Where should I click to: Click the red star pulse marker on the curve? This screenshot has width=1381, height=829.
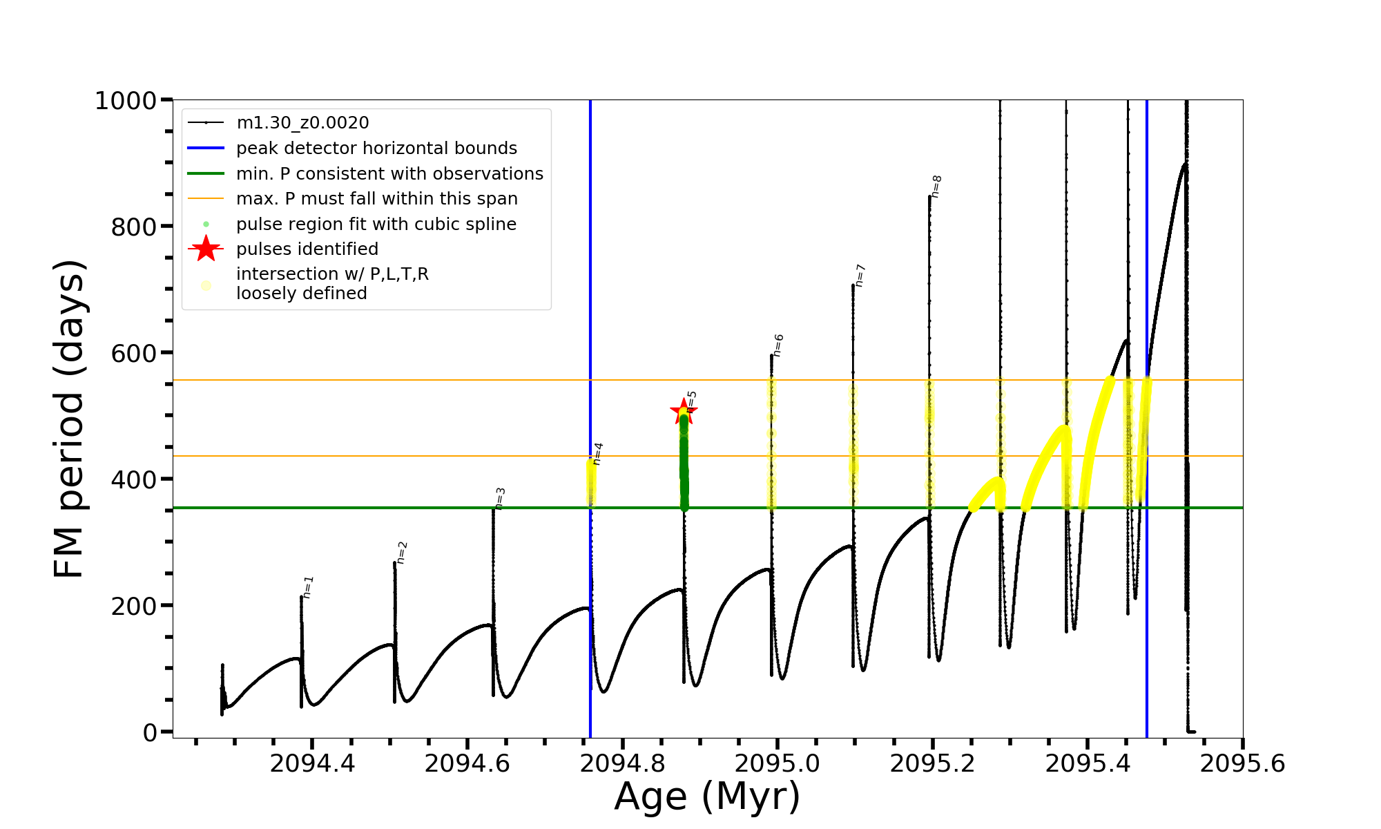click(x=684, y=412)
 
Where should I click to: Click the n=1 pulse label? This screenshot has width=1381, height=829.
click(x=308, y=587)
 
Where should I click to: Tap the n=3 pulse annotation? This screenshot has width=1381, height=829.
click(x=500, y=498)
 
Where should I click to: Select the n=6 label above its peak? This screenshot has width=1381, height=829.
click(x=778, y=345)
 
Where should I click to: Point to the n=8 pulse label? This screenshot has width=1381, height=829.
click(x=936, y=186)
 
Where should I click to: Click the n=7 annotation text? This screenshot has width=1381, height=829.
click(x=860, y=275)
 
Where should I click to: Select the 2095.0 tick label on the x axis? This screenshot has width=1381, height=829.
click(x=778, y=764)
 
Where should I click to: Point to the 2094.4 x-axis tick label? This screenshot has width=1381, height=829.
click(x=312, y=764)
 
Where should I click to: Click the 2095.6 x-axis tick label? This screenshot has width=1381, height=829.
click(x=1242, y=764)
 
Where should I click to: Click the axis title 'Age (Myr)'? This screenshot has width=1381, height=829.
click(x=707, y=797)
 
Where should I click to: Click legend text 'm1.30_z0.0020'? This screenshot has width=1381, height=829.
click(x=302, y=123)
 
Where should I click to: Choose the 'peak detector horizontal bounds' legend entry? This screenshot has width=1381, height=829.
click(x=376, y=149)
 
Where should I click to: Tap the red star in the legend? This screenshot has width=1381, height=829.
click(x=206, y=249)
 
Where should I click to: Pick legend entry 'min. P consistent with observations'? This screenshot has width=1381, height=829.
click(x=389, y=173)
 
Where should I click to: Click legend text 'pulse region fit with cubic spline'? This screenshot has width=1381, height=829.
click(x=376, y=224)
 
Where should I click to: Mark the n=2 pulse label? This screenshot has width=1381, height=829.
click(x=402, y=553)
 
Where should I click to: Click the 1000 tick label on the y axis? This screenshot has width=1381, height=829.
click(x=125, y=101)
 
